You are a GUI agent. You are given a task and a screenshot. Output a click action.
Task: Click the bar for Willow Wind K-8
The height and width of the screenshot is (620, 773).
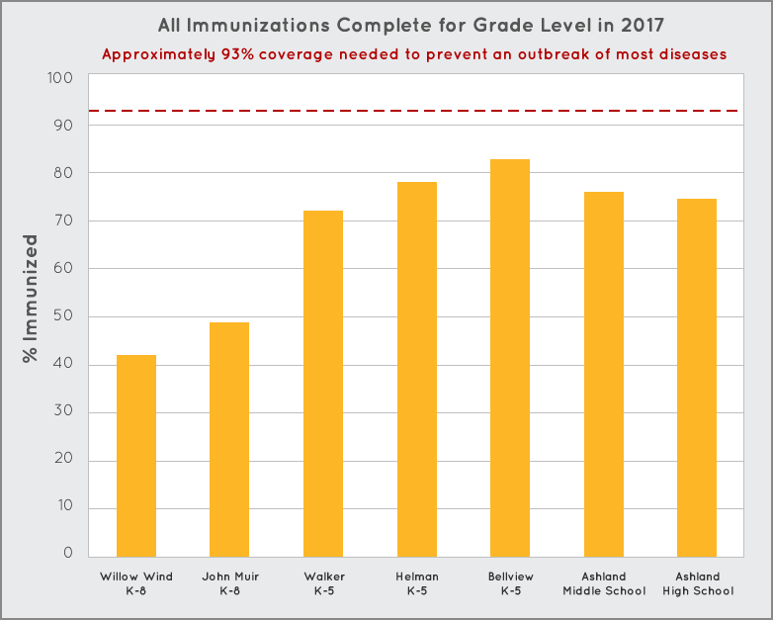pyautogui.click(x=135, y=456)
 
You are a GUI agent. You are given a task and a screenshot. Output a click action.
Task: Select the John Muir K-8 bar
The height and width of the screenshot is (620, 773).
pyautogui.click(x=229, y=439)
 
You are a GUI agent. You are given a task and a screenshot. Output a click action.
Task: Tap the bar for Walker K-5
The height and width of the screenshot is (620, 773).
pyautogui.click(x=322, y=384)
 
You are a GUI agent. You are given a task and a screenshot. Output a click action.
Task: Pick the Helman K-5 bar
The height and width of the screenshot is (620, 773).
pyautogui.click(x=416, y=369)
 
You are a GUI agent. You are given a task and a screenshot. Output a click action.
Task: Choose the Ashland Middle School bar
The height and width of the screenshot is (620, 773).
pyautogui.click(x=603, y=374)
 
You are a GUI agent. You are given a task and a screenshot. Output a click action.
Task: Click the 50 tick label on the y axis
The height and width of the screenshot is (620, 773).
pyautogui.click(x=64, y=317)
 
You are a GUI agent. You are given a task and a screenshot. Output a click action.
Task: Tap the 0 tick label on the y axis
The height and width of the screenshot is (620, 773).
pyautogui.click(x=68, y=553)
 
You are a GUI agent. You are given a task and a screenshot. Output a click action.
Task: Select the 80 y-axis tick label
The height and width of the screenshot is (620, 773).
pyautogui.click(x=64, y=173)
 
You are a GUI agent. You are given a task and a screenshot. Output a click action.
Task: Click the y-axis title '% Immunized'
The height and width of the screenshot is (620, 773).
pyautogui.click(x=31, y=298)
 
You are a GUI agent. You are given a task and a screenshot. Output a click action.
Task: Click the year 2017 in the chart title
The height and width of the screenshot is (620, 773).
pyautogui.click(x=644, y=25)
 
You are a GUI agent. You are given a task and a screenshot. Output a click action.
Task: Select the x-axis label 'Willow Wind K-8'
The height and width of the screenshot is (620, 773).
pyautogui.click(x=135, y=583)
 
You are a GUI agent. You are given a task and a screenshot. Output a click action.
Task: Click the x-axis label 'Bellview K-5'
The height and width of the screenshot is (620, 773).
pyautogui.click(x=510, y=583)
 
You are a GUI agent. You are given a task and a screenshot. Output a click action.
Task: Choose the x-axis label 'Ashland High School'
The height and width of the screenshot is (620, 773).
pyautogui.click(x=697, y=583)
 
